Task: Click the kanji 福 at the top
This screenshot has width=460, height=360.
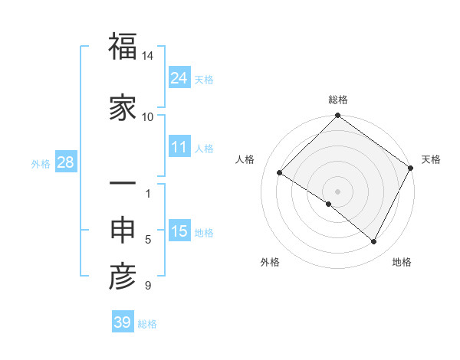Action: click(122, 47)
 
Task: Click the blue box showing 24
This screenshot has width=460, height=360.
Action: click(179, 77)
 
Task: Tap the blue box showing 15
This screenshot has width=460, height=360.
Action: click(179, 231)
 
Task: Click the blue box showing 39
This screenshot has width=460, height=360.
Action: click(123, 322)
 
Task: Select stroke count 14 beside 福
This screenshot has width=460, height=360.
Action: click(148, 56)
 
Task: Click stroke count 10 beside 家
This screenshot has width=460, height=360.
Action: click(148, 116)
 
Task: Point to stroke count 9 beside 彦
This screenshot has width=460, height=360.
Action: click(148, 286)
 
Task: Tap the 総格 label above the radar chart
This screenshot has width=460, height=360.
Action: click(338, 100)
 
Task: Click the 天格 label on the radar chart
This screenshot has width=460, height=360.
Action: click(431, 159)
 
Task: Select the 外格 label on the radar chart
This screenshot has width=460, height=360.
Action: click(270, 262)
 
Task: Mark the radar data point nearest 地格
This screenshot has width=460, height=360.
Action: click(374, 242)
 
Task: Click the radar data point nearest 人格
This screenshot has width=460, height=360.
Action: click(280, 173)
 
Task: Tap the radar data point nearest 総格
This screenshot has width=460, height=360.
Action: click(338, 116)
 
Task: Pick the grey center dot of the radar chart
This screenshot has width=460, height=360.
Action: click(337, 191)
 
